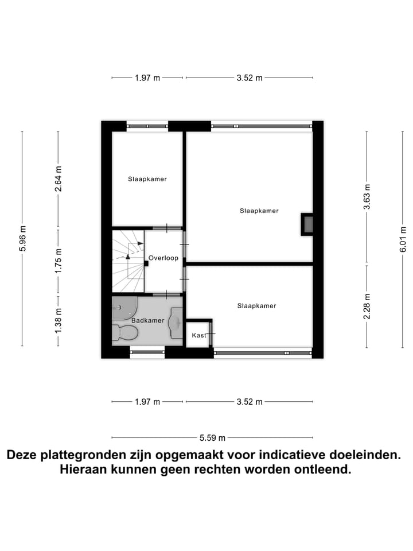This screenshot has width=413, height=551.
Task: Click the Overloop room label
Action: point(163,258)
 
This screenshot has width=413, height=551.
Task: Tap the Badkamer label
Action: point(148,320)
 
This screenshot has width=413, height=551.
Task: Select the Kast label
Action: point(198,335)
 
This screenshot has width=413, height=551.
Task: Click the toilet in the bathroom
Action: point(126,332)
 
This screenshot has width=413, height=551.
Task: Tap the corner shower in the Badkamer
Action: point(122,307)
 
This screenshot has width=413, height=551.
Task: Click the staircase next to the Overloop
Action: point(127,260)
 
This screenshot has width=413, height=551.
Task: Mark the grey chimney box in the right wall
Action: point(307,224)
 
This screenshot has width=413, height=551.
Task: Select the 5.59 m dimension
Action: point(212,438)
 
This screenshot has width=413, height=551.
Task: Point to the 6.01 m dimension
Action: point(403,238)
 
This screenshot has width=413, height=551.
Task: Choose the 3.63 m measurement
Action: point(367,196)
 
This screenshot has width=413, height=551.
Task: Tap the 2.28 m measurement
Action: point(367,306)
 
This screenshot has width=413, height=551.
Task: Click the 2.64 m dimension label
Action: point(58,179)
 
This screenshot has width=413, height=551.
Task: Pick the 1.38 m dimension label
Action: point(58,320)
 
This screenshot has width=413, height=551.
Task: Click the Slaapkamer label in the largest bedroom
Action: point(259,211)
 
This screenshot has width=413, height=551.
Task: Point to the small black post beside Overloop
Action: point(146,263)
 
